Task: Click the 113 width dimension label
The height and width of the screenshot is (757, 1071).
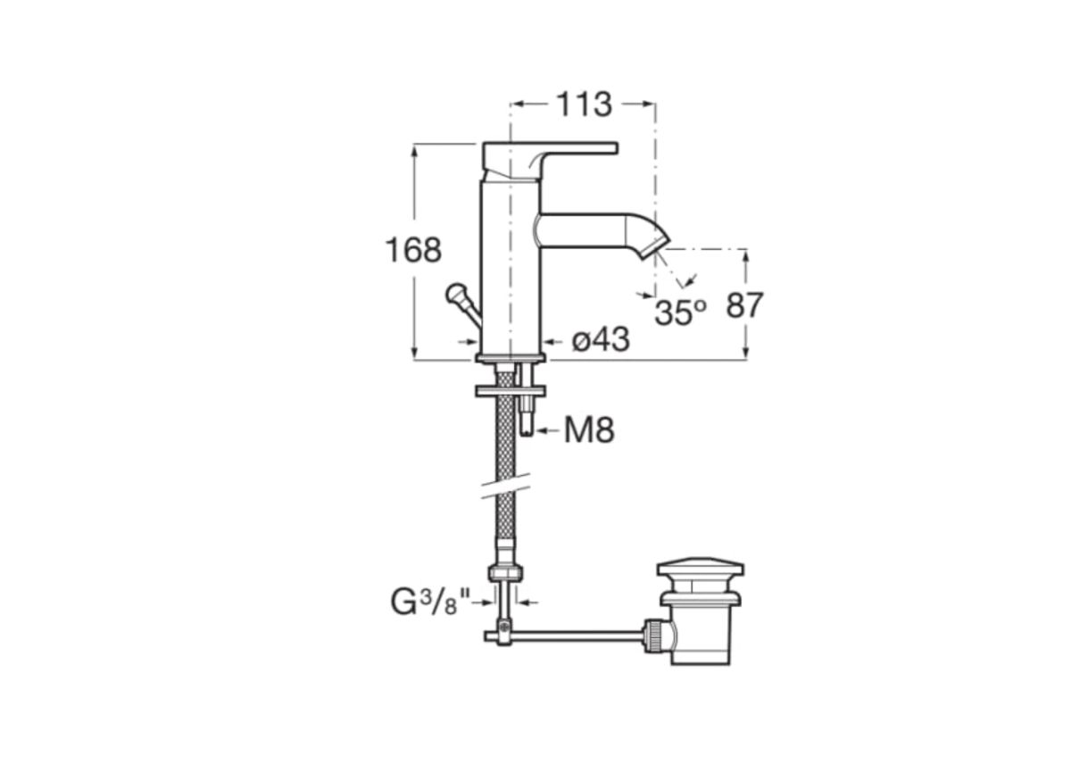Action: [x=585, y=104]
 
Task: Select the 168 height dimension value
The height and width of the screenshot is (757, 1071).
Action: [x=413, y=250]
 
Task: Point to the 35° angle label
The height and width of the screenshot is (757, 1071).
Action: [x=680, y=312]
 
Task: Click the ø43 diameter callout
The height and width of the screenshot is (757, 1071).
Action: [x=601, y=340]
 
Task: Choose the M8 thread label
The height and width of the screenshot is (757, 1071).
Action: [x=589, y=430]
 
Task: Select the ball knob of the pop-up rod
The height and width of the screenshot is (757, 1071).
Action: [x=454, y=293]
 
